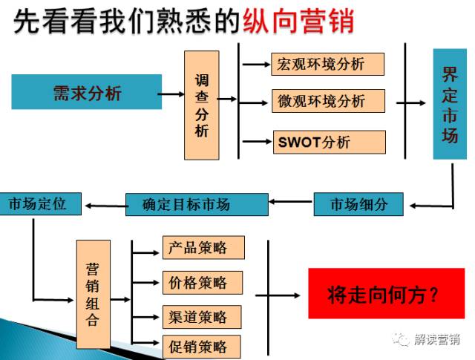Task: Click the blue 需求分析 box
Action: pyautogui.click(x=87, y=92)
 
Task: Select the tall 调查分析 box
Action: pyautogui.click(x=202, y=105)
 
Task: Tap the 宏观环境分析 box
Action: pyautogui.click(x=328, y=65)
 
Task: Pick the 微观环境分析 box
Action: pyautogui.click(x=328, y=101)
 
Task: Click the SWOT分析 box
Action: pyautogui.click(x=330, y=142)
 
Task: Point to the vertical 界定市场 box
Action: pyautogui.click(x=450, y=104)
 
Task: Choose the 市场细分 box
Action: pyautogui.click(x=358, y=204)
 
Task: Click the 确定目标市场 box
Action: pyautogui.click(x=197, y=205)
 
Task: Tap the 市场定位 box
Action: pyautogui.click(x=41, y=204)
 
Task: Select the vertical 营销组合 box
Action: pyautogui.click(x=94, y=294)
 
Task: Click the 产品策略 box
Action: pyautogui.click(x=203, y=248)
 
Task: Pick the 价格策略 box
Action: pyautogui.click(x=203, y=283)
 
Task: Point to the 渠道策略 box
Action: pyautogui.click(x=202, y=317)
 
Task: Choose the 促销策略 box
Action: pyautogui.click(x=202, y=347)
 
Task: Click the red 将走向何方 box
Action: pyautogui.click(x=387, y=293)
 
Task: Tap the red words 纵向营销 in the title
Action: pyautogui.click(x=298, y=21)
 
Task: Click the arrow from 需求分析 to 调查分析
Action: pyautogui.click(x=171, y=94)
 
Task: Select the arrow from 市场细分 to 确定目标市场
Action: pyautogui.click(x=290, y=201)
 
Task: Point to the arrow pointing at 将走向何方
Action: pyautogui.click(x=278, y=295)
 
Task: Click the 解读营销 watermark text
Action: pyautogui.click(x=437, y=340)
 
